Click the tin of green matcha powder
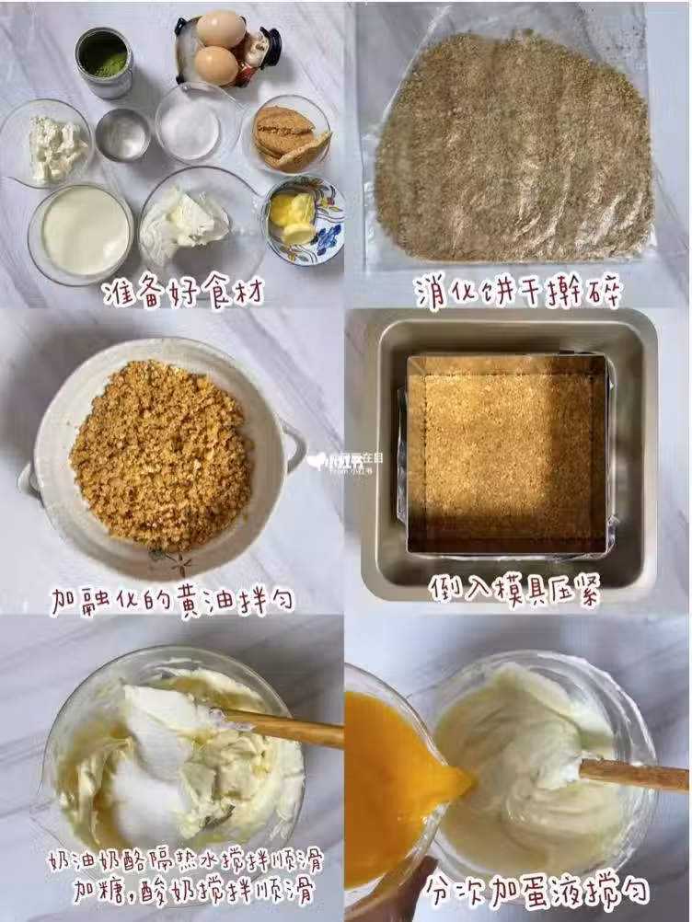point(103,63)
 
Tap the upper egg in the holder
point(221,29)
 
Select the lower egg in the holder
point(215,64)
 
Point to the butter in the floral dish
point(293,216)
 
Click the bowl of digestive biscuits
point(287,135)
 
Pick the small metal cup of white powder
point(123,134)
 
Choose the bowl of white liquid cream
point(81,233)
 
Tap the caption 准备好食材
point(183,291)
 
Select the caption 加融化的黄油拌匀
point(172,600)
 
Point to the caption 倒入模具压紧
point(513,589)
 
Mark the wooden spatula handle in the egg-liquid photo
point(634,775)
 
